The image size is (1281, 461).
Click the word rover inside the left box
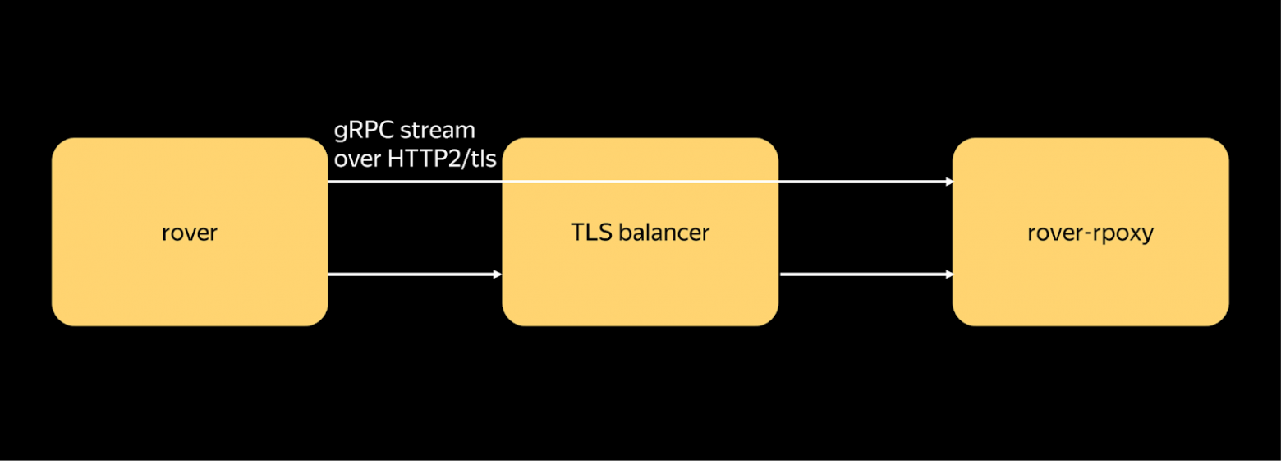click(190, 233)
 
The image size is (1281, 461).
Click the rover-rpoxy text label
click(1090, 233)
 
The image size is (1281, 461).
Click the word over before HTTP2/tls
click(357, 159)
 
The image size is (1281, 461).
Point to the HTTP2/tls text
click(442, 159)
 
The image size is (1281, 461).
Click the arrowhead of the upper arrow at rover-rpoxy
click(948, 182)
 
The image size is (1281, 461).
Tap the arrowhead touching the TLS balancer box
click(498, 274)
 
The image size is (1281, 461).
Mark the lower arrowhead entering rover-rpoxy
click(948, 274)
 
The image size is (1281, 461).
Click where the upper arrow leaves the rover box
click(330, 182)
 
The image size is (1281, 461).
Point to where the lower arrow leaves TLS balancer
click(781, 274)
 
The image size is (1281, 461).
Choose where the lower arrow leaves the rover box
click(330, 274)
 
